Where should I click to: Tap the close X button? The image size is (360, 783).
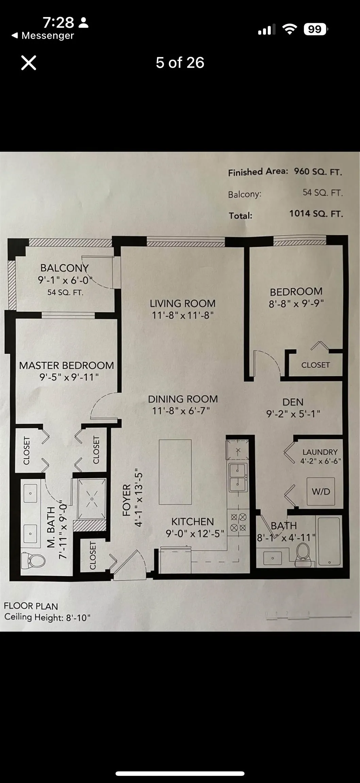[x=29, y=63]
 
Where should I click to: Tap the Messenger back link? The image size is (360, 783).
[x=43, y=36]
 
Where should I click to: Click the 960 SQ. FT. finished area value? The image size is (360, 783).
[x=318, y=172]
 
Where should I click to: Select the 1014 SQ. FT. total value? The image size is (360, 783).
[x=316, y=214]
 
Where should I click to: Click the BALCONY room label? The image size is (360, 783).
[x=65, y=268]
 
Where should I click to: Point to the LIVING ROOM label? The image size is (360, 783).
[x=183, y=303]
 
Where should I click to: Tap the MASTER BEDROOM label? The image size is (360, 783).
[x=66, y=365]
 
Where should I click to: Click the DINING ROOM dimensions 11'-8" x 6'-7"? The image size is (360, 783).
[x=181, y=411]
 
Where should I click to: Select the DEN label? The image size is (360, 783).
[x=293, y=402]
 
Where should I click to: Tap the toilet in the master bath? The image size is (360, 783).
[x=33, y=560]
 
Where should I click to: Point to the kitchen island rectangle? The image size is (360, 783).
[x=175, y=472]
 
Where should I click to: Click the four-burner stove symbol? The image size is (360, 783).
[x=239, y=523]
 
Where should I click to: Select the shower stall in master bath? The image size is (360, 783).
[x=91, y=499]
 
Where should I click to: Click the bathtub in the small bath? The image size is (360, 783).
[x=329, y=542]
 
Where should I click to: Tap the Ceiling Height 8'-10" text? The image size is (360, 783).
[x=48, y=617]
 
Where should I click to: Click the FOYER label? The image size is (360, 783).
[x=126, y=500]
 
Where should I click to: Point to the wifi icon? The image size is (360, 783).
[x=289, y=29]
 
